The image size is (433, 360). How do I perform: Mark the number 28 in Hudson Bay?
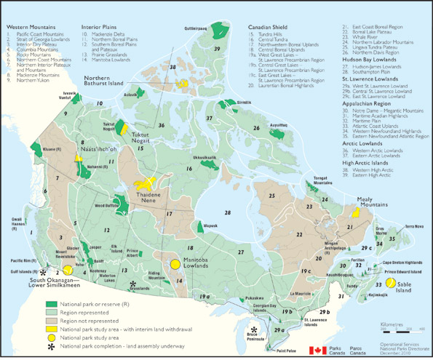[x=228, y=212]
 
